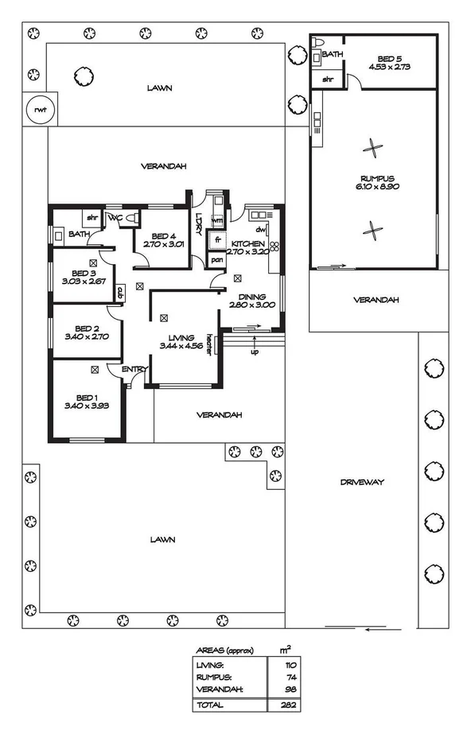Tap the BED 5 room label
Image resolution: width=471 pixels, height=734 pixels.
pyautogui.click(x=390, y=58)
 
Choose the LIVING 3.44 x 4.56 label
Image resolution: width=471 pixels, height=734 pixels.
pyautogui.click(x=181, y=342)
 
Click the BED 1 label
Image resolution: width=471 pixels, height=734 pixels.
pyautogui.click(x=85, y=402)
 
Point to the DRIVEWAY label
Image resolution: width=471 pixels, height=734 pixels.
pyautogui.click(x=362, y=482)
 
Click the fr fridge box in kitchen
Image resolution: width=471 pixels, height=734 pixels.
pyautogui.click(x=216, y=241)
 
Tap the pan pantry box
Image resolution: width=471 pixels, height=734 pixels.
pyautogui.click(x=216, y=259)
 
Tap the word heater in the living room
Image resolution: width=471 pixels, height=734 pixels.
pyautogui.click(x=208, y=342)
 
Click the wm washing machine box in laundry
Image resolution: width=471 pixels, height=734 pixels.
pyautogui.click(x=216, y=219)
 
